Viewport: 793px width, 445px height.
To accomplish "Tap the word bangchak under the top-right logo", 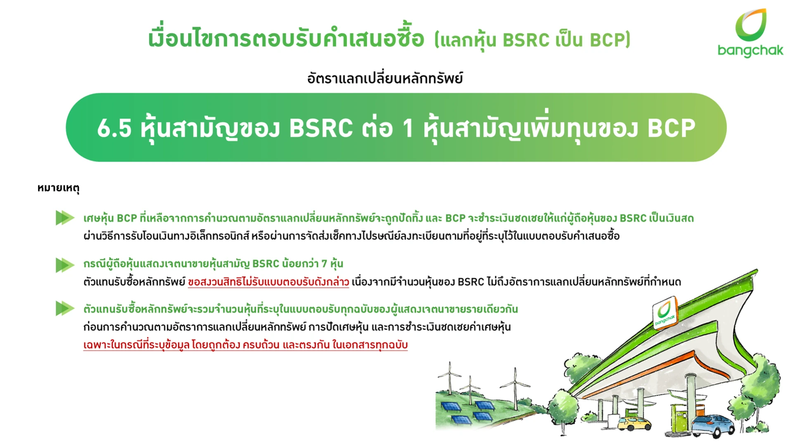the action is click(x=750, y=51).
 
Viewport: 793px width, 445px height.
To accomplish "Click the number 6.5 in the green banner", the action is click(x=114, y=128).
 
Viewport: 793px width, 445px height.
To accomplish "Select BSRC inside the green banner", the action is click(x=321, y=128).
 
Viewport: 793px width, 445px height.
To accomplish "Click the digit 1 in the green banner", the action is click(x=408, y=128).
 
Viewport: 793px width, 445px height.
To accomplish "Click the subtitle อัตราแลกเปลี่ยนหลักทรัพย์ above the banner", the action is click(x=385, y=78).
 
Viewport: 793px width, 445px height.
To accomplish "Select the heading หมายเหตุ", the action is click(x=58, y=188).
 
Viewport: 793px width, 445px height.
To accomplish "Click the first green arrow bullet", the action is click(x=65, y=218).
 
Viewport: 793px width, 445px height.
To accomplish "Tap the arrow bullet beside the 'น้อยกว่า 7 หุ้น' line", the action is click(x=65, y=265).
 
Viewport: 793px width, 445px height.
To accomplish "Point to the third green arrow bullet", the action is click(x=65, y=308).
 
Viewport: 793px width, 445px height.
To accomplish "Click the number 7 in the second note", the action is click(x=324, y=264).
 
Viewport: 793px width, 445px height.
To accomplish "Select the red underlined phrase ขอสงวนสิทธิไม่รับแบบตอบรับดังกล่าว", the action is click(x=268, y=282).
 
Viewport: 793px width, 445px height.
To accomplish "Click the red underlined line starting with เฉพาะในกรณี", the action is click(x=245, y=345).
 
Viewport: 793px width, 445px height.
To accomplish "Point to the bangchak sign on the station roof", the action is click(x=665, y=313).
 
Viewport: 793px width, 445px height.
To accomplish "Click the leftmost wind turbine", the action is click(x=449, y=377).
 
